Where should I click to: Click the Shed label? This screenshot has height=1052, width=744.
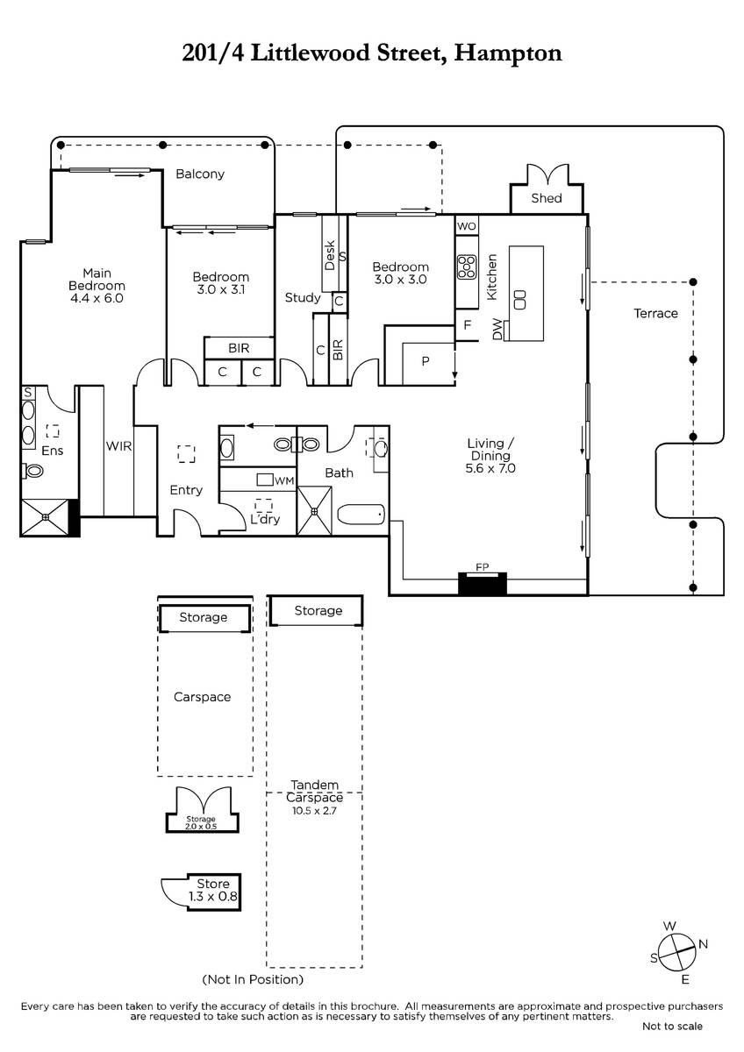[x=546, y=198]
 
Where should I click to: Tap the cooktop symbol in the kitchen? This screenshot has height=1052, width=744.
[x=467, y=267]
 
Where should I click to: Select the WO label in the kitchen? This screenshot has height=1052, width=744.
[x=466, y=226]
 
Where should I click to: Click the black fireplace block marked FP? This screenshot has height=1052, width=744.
[x=483, y=584]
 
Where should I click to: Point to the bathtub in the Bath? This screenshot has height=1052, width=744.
[x=361, y=515]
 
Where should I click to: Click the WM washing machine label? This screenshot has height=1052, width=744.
[x=284, y=480]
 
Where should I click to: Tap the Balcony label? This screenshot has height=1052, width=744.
[x=200, y=174]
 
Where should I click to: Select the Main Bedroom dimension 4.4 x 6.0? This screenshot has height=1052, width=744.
[x=97, y=298]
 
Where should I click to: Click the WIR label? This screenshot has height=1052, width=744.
[x=118, y=445]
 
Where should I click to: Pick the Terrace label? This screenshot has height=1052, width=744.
[x=655, y=313]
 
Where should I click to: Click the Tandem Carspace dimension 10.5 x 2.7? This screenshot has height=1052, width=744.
[x=314, y=810]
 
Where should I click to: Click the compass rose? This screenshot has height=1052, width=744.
[x=676, y=955]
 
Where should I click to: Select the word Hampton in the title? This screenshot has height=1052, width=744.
[x=508, y=53]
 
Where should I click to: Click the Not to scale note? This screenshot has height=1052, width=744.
[x=672, y=1027]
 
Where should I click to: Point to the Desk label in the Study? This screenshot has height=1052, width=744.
[x=330, y=255]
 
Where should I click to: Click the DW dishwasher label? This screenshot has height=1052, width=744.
[x=497, y=330]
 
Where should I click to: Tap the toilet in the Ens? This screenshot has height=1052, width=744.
[x=32, y=470]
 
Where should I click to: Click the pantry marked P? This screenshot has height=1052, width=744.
[x=426, y=361]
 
